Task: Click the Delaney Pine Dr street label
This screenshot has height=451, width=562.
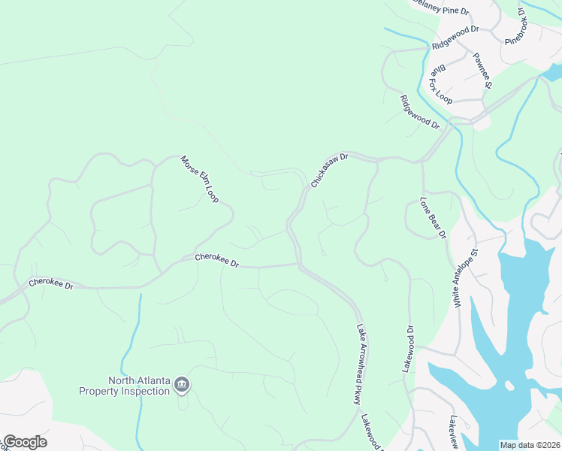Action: point(440,8)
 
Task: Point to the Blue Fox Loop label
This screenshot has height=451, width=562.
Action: point(440,83)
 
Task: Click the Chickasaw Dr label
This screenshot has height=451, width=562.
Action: point(331,171)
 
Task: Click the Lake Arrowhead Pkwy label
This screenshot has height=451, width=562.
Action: point(358,365)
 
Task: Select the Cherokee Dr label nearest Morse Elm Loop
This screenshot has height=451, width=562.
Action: point(216,261)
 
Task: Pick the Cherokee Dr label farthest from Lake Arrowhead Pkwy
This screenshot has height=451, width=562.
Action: point(51,284)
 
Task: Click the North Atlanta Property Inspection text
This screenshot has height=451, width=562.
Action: point(125,386)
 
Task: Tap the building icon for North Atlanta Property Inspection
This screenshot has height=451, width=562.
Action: point(181,386)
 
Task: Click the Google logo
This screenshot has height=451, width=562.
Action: point(24,442)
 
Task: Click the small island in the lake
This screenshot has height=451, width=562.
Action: point(510,386)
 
